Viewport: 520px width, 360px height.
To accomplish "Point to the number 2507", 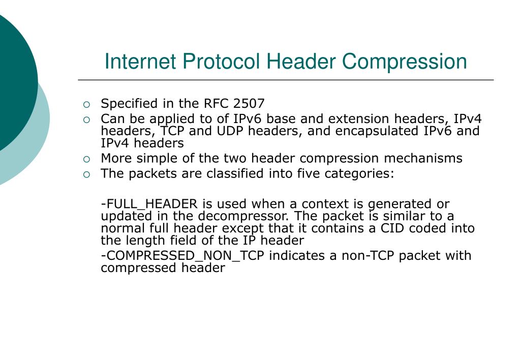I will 249,104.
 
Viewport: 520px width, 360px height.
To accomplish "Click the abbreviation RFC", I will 217,104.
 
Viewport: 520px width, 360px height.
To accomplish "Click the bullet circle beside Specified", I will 87,105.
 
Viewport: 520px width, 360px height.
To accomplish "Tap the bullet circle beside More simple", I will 87,159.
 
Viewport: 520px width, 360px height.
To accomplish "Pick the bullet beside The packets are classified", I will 87,174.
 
